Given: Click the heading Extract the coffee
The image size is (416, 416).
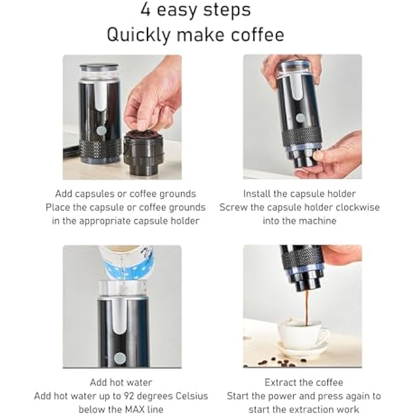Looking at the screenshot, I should [303, 383].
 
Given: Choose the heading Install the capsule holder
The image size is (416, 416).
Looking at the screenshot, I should [299, 194].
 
